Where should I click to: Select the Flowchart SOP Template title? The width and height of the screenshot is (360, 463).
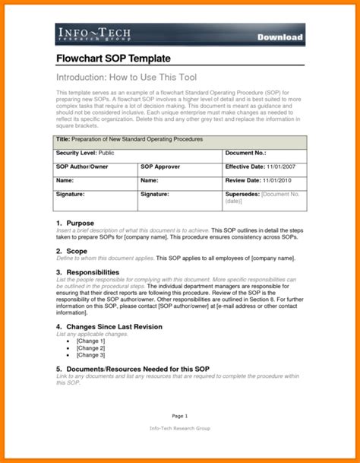point(113,59)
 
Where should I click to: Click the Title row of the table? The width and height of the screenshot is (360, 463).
point(181,141)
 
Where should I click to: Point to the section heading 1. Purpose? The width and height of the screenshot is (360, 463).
point(75,223)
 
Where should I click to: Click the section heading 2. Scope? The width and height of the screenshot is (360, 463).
point(72,250)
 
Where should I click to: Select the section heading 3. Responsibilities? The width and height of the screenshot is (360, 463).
point(88,271)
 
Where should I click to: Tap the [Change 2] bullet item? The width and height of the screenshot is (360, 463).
point(90,347)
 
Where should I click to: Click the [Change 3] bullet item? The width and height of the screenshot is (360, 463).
point(90,355)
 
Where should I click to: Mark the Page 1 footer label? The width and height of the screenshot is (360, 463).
point(179,416)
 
